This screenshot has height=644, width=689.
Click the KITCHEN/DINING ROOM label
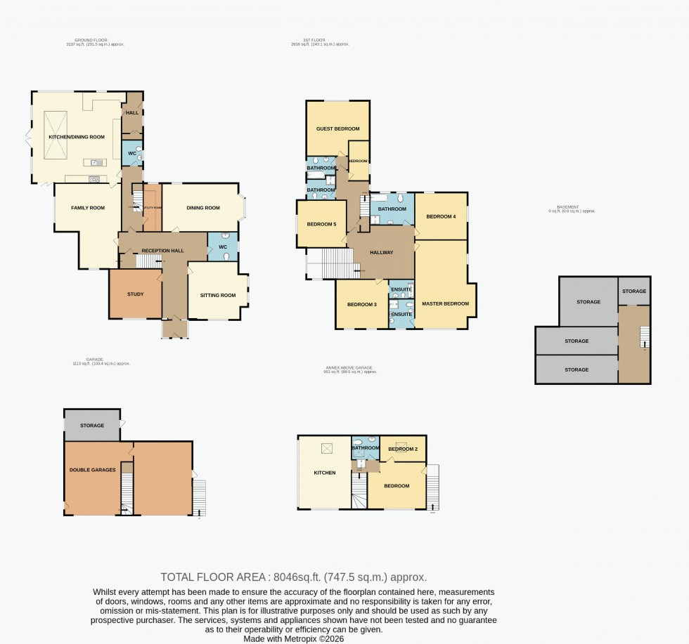pyautogui.click(x=76, y=137)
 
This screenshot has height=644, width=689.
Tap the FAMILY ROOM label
pyautogui.click(x=88, y=208)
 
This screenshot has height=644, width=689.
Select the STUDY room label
pyautogui.click(x=135, y=294)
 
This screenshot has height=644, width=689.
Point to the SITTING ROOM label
pyautogui.click(x=218, y=296)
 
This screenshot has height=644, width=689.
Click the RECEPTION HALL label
pyautogui.click(x=162, y=251)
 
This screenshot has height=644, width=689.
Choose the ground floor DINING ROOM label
pyautogui.click(x=203, y=208)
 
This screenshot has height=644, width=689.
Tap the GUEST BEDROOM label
pyautogui.click(x=338, y=129)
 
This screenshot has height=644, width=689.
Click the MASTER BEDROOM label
pyautogui.click(x=445, y=303)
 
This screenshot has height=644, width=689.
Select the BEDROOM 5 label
pyautogui.click(x=321, y=224)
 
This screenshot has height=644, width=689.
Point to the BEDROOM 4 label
pyautogui.click(x=441, y=216)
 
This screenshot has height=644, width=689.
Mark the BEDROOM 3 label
pyautogui.click(x=362, y=304)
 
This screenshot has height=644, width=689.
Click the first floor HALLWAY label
pyautogui.click(x=380, y=252)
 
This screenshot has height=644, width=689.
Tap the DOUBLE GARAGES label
pyautogui.click(x=92, y=469)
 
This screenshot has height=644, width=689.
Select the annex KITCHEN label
pyautogui.click(x=324, y=473)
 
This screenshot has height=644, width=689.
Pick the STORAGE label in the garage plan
pyautogui.click(x=92, y=426)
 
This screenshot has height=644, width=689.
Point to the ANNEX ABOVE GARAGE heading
pyautogui.click(x=349, y=367)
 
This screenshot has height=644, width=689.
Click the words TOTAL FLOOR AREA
pyautogui.click(x=212, y=577)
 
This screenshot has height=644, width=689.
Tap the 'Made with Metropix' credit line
pyautogui.click(x=293, y=638)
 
